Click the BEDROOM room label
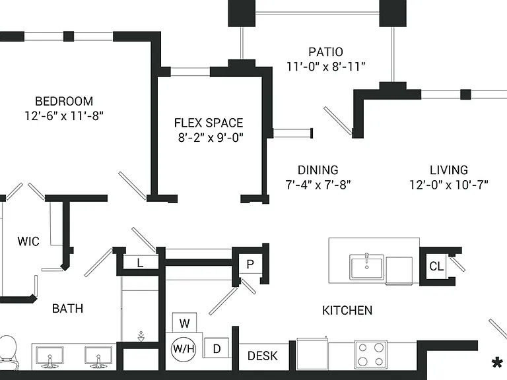pos(64,101)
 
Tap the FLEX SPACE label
pos(209,123)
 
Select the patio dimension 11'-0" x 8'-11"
pos(326,67)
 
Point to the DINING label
pos(318,170)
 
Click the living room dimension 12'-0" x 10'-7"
pos(449,185)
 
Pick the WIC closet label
pos(28,241)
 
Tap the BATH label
pos(67,309)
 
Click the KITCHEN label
pos(347,311)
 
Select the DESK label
pos(263,356)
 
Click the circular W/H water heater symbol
pos(184,348)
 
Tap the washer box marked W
pos(184,323)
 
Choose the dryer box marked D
pos(217,348)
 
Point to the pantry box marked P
pos(250,264)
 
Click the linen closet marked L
pos(140,263)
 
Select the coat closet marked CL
pos(436,267)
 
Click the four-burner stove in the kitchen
pos(370,354)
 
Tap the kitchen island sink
pos(366,267)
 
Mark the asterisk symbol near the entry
pos(497,363)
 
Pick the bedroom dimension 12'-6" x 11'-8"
pos(64,115)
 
